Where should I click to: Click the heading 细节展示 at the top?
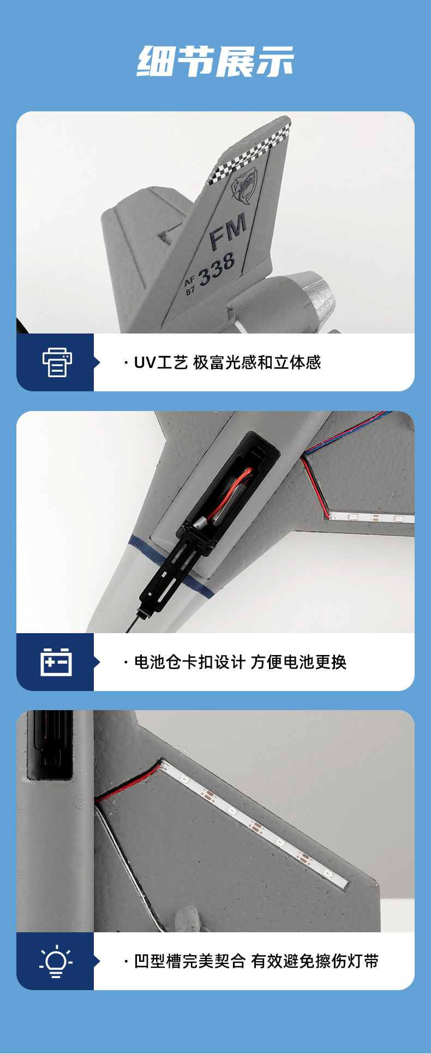click(x=215, y=61)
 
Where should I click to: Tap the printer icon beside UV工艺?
click(x=57, y=362)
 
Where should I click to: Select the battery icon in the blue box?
click(x=56, y=662)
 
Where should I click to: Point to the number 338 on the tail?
click(x=217, y=269)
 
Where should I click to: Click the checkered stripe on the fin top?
click(x=250, y=153)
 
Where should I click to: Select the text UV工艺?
click(x=161, y=362)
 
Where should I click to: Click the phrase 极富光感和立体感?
click(x=257, y=362)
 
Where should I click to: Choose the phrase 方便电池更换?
click(x=298, y=662)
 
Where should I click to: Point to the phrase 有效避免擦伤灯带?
click(x=315, y=961)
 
